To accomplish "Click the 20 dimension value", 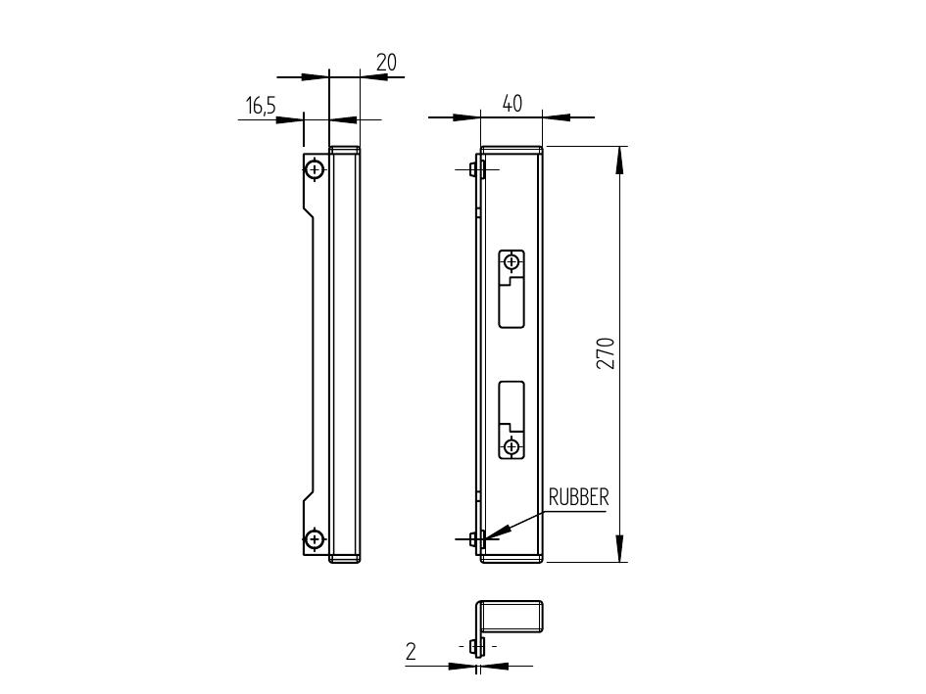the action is tap(387, 63).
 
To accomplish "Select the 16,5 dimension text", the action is tap(261, 107).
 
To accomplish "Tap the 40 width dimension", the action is tap(512, 104).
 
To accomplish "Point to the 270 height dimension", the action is tap(606, 353).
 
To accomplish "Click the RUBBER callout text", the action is tap(578, 497).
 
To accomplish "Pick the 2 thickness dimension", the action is tap(411, 652).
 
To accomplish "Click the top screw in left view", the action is tap(315, 170).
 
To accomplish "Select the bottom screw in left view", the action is tap(315, 538).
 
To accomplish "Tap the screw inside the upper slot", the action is tap(512, 260).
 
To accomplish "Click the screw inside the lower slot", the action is tap(512, 446).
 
